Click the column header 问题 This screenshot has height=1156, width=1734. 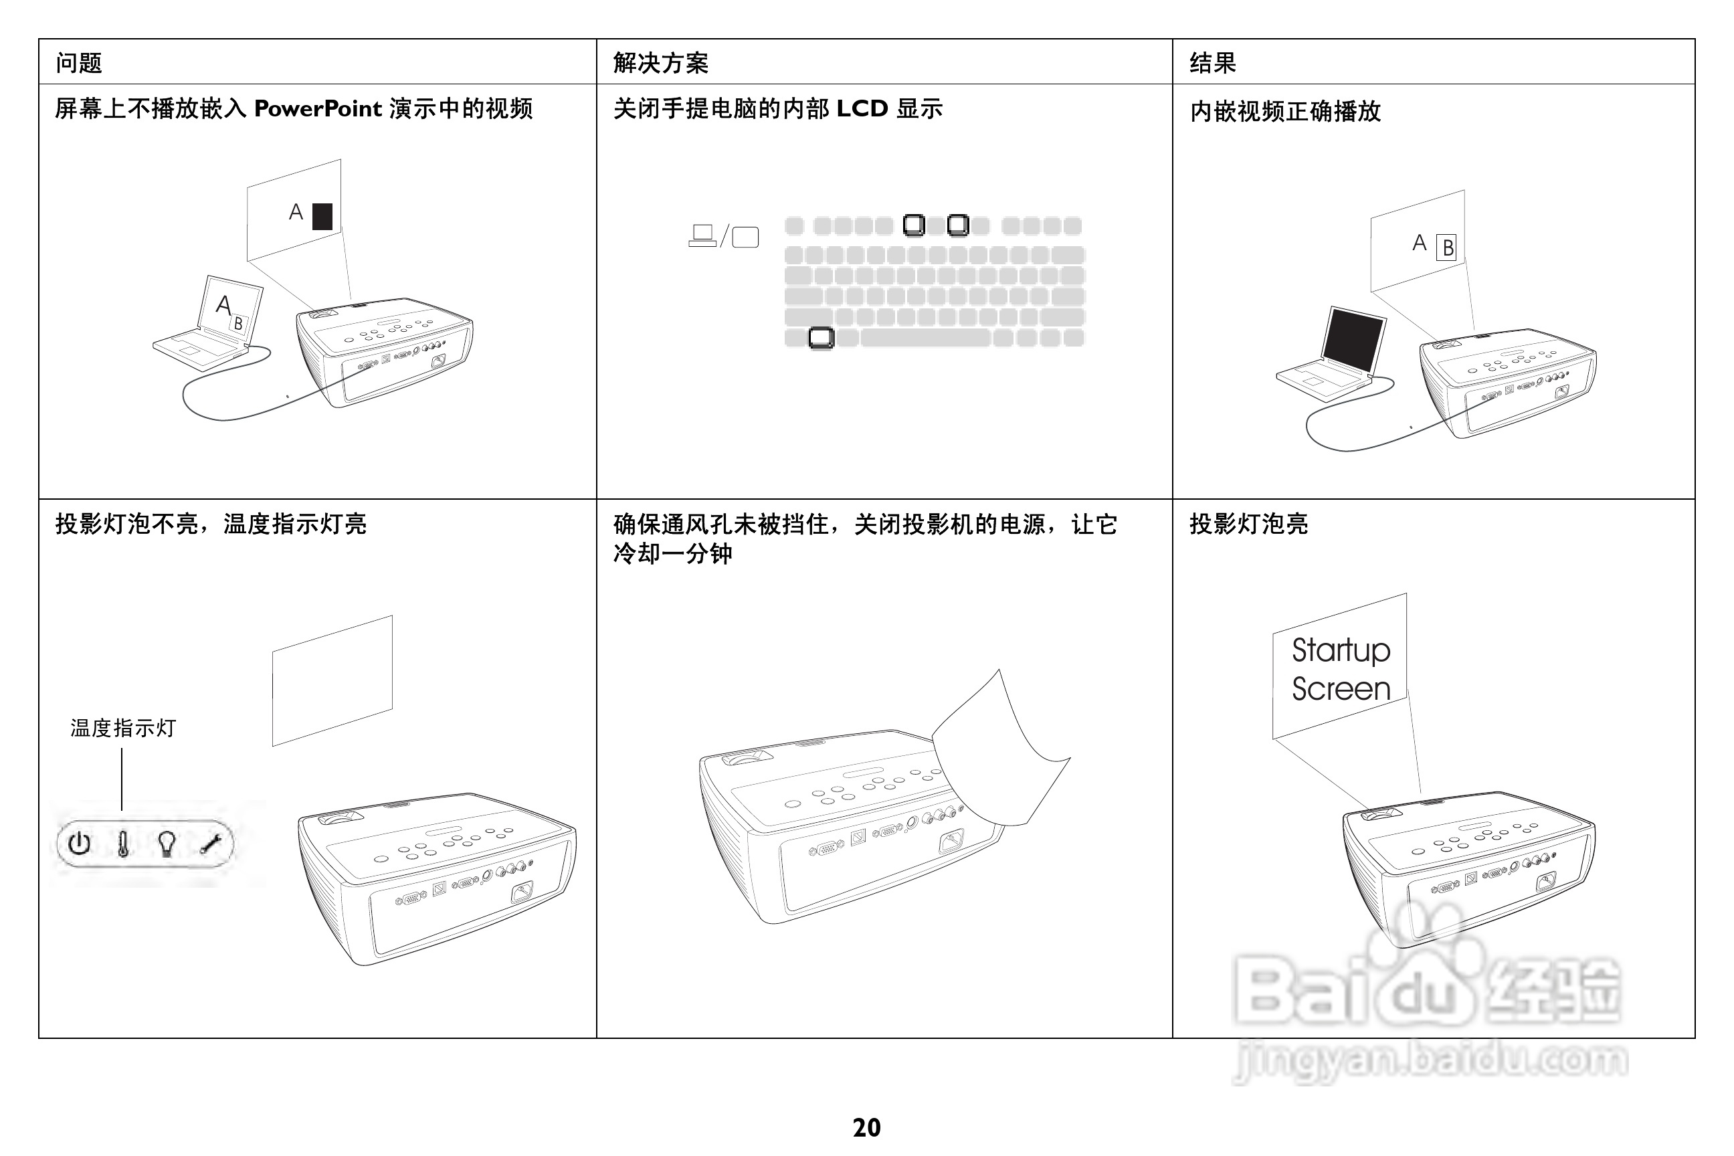point(79,63)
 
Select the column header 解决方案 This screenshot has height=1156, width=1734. point(660,63)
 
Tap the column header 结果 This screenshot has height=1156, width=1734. point(1212,63)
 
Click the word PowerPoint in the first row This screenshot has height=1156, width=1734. point(318,108)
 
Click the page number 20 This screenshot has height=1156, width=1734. point(866,1127)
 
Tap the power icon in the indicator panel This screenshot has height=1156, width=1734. point(80,844)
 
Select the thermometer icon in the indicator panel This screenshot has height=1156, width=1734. point(123,844)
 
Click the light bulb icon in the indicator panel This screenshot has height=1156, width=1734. point(167,844)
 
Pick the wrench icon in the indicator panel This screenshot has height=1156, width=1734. point(211,844)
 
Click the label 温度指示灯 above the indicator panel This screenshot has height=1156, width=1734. point(123,729)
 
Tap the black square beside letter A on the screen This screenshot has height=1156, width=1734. point(322,217)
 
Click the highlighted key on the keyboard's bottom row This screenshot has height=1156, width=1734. point(821,338)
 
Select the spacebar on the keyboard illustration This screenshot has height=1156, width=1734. point(925,338)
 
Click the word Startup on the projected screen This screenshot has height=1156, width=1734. point(1341,650)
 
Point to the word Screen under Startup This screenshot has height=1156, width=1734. point(1341,688)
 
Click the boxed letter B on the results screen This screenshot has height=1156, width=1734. point(1447,248)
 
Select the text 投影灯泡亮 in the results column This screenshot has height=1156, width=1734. point(1248,524)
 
